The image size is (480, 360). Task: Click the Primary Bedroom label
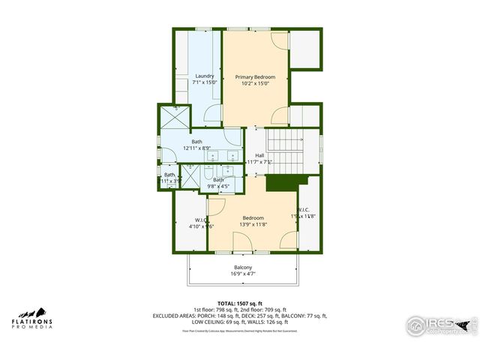click(x=255, y=77)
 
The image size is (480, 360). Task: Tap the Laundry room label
click(x=205, y=76)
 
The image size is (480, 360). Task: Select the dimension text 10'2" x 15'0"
click(x=255, y=84)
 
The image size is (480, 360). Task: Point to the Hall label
click(x=259, y=155)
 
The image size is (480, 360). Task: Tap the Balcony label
click(x=242, y=268)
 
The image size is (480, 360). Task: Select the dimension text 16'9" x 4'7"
click(x=242, y=274)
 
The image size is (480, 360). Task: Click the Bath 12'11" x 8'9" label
click(x=196, y=142)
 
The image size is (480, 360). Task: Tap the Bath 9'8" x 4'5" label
click(x=218, y=180)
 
